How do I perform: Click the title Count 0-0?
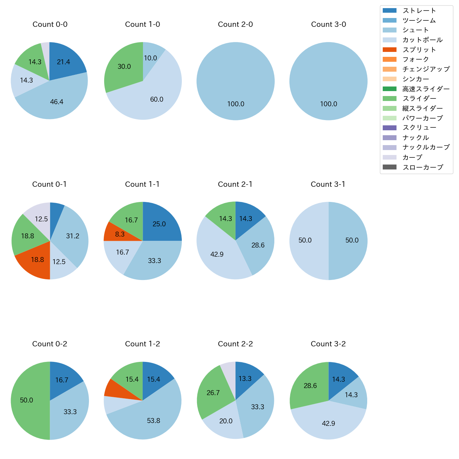50,24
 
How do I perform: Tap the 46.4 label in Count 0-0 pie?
56,102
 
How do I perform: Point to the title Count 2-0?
235,24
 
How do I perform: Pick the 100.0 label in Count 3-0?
328,104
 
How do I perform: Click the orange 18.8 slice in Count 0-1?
35,261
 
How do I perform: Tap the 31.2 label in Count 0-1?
73,236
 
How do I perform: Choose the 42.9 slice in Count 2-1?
219,256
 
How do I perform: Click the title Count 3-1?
328,184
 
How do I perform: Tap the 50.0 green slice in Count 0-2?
28,400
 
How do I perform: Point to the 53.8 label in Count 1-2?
154,421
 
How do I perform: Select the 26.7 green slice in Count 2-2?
212,392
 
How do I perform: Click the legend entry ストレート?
419,11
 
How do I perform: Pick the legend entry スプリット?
419,50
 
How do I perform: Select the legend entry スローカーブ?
423,167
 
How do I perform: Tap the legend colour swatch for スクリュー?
389,128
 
